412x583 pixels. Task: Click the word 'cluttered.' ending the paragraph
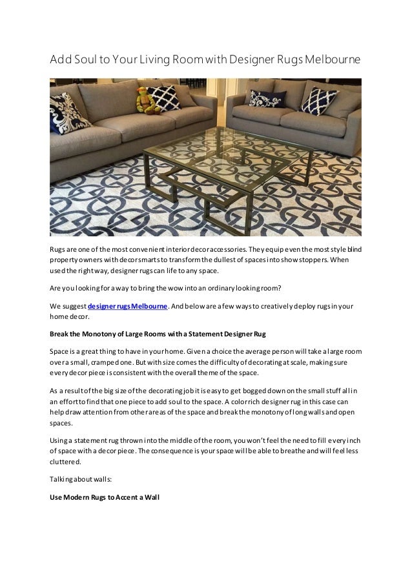pyautogui.click(x=66, y=462)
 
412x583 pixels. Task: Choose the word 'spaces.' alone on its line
pyautogui.click(x=62, y=424)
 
